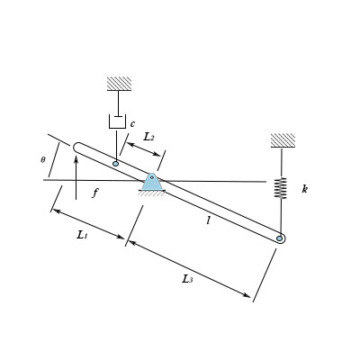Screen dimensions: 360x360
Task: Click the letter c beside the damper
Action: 132,123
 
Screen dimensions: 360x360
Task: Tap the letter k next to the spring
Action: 305,189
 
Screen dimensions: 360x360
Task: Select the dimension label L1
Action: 82,234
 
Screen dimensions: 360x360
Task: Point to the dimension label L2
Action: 148,138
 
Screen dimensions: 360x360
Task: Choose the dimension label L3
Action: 187,279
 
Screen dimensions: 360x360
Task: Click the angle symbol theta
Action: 42,159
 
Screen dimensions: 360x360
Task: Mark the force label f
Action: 95,193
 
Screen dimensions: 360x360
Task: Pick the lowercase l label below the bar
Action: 208,219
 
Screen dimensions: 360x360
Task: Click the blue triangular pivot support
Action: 152,183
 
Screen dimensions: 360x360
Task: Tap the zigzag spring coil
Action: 281,187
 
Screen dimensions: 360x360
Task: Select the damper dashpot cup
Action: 117,121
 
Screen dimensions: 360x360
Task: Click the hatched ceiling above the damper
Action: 119,84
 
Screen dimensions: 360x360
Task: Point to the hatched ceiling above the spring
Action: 283,140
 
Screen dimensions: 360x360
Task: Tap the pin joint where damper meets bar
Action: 116,163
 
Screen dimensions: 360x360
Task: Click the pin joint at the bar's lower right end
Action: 281,238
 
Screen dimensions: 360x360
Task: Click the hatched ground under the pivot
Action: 151,193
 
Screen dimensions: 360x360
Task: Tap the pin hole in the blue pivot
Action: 152,178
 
